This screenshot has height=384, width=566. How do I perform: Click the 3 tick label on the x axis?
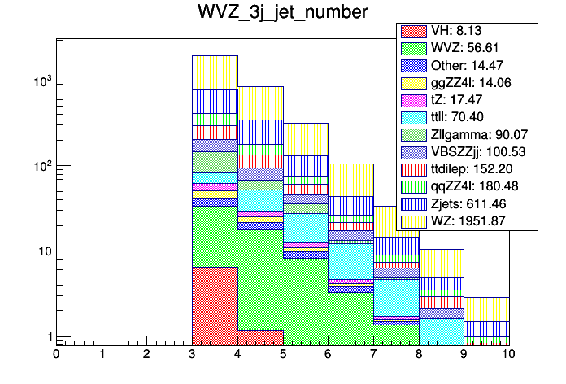click(x=192, y=355)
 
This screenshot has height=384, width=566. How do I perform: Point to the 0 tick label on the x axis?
click(x=56, y=355)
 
